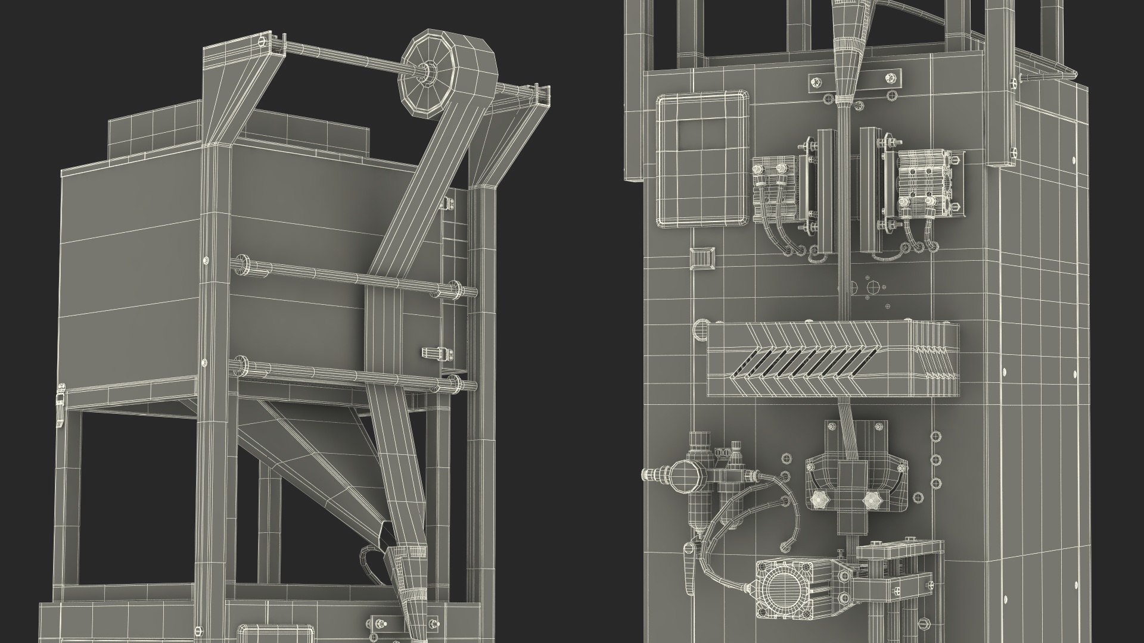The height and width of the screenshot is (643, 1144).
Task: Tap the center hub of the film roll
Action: [x=427, y=73]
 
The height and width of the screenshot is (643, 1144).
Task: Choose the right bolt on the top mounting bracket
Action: [x=891, y=77]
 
